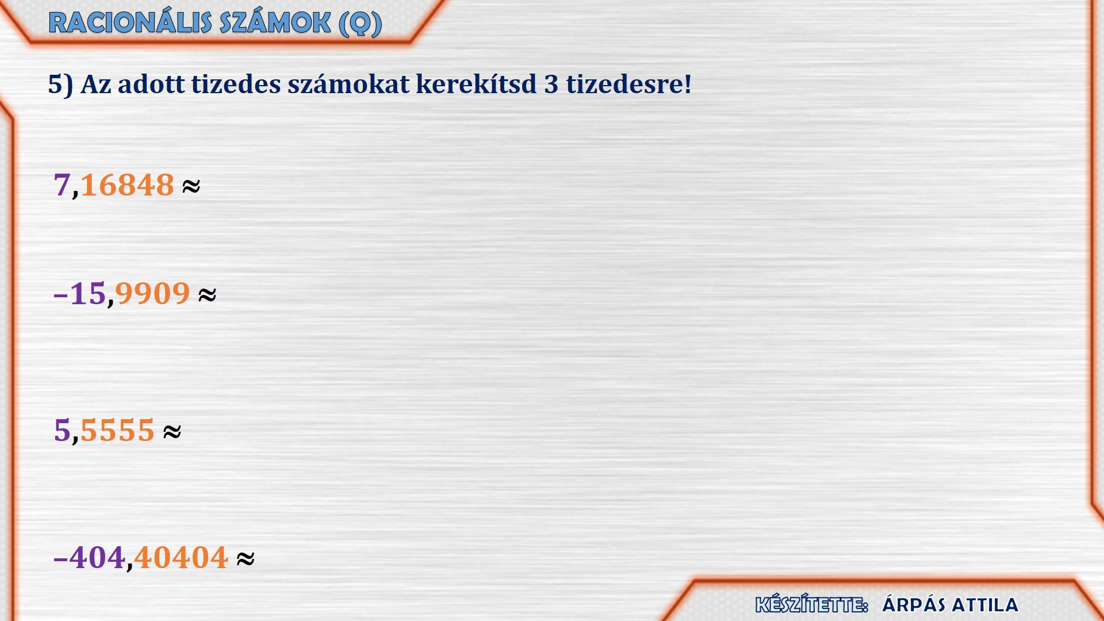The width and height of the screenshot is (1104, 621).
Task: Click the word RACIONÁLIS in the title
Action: tap(131, 23)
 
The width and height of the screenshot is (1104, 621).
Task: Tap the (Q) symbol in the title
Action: tap(361, 24)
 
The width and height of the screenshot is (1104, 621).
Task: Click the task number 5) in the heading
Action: tap(60, 85)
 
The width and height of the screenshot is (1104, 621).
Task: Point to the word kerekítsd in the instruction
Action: tap(476, 84)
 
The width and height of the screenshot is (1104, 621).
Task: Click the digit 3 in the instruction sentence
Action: tap(551, 85)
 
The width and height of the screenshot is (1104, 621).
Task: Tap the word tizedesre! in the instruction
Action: tap(628, 84)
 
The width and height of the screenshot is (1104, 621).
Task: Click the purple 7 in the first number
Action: tap(62, 185)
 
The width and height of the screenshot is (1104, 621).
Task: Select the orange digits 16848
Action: tap(127, 185)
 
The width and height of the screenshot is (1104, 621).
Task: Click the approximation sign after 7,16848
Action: tap(191, 186)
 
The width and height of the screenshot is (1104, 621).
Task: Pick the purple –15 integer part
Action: tap(79, 293)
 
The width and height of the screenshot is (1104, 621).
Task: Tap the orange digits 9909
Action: tap(152, 293)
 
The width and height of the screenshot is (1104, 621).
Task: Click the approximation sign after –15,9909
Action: tap(207, 294)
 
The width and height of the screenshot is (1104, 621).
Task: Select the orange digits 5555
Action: tap(117, 430)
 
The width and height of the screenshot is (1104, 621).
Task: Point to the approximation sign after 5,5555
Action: tap(172, 431)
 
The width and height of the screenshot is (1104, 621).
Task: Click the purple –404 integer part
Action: tap(89, 558)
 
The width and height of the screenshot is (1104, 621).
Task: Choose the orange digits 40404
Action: tap(181, 558)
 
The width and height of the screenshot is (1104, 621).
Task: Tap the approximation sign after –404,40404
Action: tap(246, 558)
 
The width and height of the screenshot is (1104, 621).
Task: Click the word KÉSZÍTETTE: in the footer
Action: tap(811, 604)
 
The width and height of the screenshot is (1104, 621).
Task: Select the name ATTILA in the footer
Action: tap(985, 605)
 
